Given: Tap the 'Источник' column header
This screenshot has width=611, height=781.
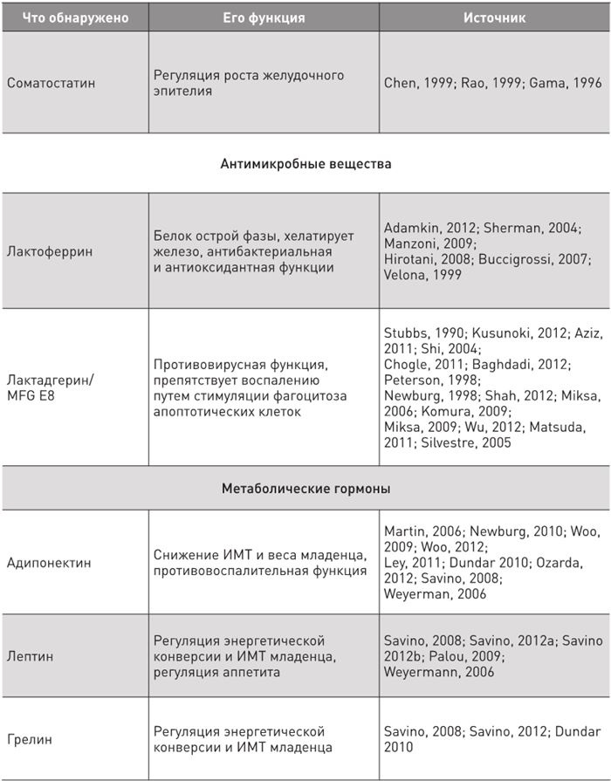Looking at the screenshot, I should pyautogui.click(x=494, y=17).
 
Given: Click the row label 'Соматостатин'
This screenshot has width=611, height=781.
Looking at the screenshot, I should pyautogui.click(x=51, y=83).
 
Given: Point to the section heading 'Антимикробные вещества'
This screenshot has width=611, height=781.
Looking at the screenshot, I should pyautogui.click(x=305, y=163).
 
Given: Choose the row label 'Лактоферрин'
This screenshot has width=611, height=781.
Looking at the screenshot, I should pyautogui.click(x=50, y=251).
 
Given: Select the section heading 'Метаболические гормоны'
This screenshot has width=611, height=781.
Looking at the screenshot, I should pyautogui.click(x=305, y=489).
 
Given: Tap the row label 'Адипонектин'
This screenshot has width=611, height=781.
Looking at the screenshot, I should pyautogui.click(x=49, y=563).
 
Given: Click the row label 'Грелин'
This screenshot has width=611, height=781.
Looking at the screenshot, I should pyautogui.click(x=30, y=739).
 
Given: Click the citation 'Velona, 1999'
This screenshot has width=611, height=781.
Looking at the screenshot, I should pyautogui.click(x=424, y=275).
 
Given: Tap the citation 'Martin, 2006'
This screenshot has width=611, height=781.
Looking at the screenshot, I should pyautogui.click(x=422, y=531).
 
